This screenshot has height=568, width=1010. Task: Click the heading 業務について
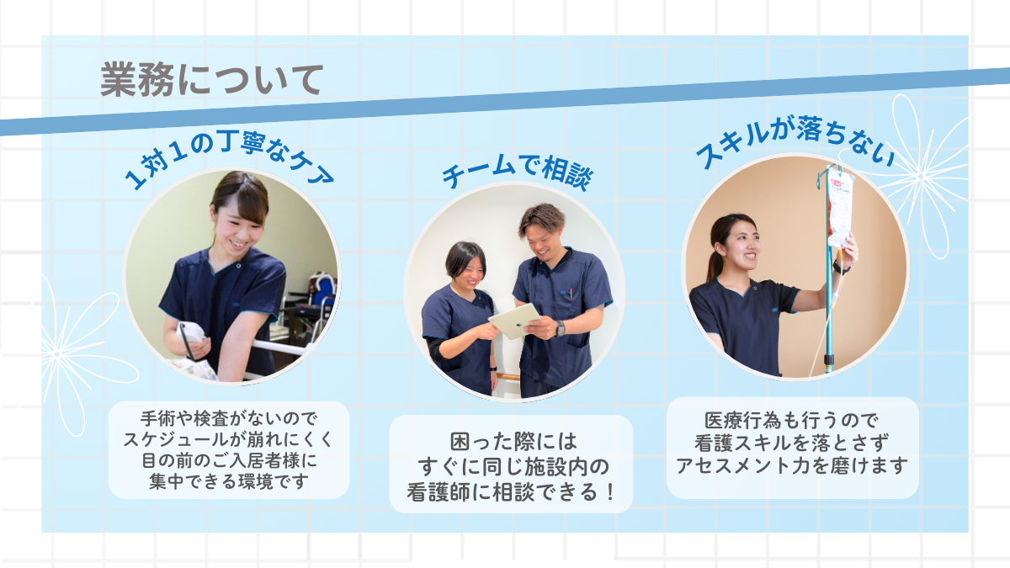pyautogui.click(x=211, y=80)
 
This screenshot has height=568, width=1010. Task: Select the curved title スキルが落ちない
pyautogui.click(x=795, y=139)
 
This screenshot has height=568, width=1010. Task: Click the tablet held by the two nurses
pyautogui.click(x=514, y=321)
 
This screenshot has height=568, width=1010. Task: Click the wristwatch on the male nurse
pyautogui.click(x=560, y=328)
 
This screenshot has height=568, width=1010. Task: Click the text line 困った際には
pyautogui.click(x=513, y=441)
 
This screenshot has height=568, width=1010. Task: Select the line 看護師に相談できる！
pyautogui.click(x=512, y=491)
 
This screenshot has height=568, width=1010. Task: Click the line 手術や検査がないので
pyautogui.click(x=229, y=419)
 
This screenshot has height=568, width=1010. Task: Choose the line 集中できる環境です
pyautogui.click(x=229, y=481)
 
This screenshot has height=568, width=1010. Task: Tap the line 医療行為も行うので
pyautogui.click(x=792, y=421)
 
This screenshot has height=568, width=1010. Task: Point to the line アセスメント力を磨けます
pyautogui.click(x=792, y=465)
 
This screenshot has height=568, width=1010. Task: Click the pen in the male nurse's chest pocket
pyautogui.click(x=571, y=293)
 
